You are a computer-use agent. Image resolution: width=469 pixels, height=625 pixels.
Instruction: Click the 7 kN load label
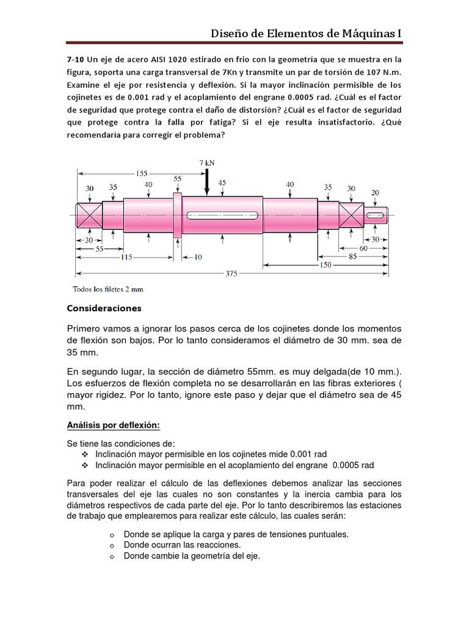click(207, 163)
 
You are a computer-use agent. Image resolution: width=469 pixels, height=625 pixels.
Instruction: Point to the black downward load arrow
click(207, 181)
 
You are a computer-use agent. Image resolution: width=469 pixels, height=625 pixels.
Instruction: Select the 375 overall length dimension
click(231, 273)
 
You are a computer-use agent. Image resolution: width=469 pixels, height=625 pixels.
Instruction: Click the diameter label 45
click(222, 182)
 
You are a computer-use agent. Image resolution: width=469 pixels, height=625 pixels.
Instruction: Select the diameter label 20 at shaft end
click(375, 192)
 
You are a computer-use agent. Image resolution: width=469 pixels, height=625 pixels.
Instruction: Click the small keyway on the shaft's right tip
click(376, 214)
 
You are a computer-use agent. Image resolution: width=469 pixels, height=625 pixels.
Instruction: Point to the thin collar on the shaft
click(178, 214)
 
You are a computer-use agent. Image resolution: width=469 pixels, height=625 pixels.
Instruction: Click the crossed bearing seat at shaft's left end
click(89, 214)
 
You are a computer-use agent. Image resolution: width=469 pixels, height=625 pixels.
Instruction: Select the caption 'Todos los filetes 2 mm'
click(109, 289)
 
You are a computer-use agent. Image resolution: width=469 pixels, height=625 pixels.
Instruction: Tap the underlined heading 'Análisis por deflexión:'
click(114, 425)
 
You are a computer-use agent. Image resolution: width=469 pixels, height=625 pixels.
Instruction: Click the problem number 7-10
click(75, 59)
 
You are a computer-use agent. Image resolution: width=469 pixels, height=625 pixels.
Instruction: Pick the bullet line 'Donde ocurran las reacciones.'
click(182, 544)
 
